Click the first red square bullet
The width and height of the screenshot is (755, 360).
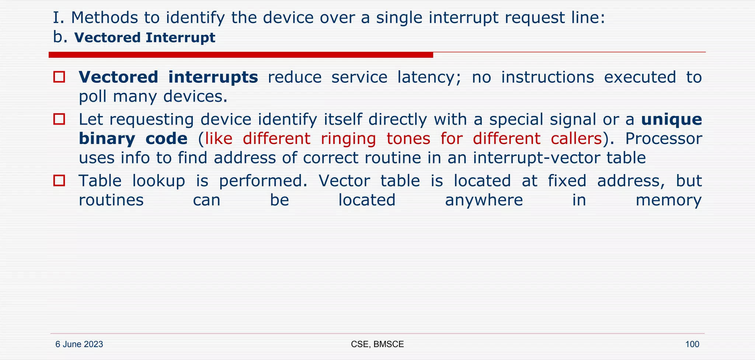59,77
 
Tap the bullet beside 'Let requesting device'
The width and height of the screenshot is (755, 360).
59,120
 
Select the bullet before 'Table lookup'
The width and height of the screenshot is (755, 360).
59,181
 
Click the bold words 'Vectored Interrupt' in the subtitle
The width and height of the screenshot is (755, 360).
145,38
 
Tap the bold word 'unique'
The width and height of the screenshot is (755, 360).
671,120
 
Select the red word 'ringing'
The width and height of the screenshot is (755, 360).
348,139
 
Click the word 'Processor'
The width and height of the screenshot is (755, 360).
664,139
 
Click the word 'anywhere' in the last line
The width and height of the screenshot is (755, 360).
484,200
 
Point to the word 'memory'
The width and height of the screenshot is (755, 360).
668,200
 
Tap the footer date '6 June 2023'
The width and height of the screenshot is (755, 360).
79,345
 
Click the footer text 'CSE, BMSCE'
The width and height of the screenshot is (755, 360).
377,345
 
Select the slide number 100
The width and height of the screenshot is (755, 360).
692,345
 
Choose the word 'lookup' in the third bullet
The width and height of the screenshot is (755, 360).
159,181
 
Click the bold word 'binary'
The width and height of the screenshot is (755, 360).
107,139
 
